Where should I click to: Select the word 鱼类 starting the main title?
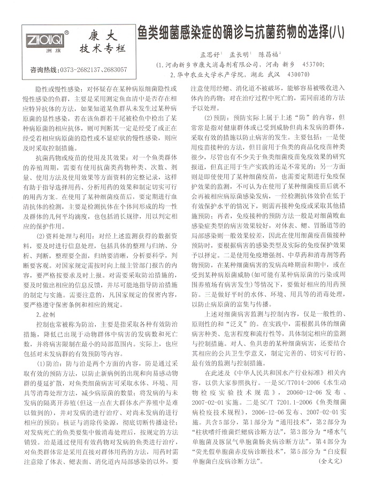pos(147,31)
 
